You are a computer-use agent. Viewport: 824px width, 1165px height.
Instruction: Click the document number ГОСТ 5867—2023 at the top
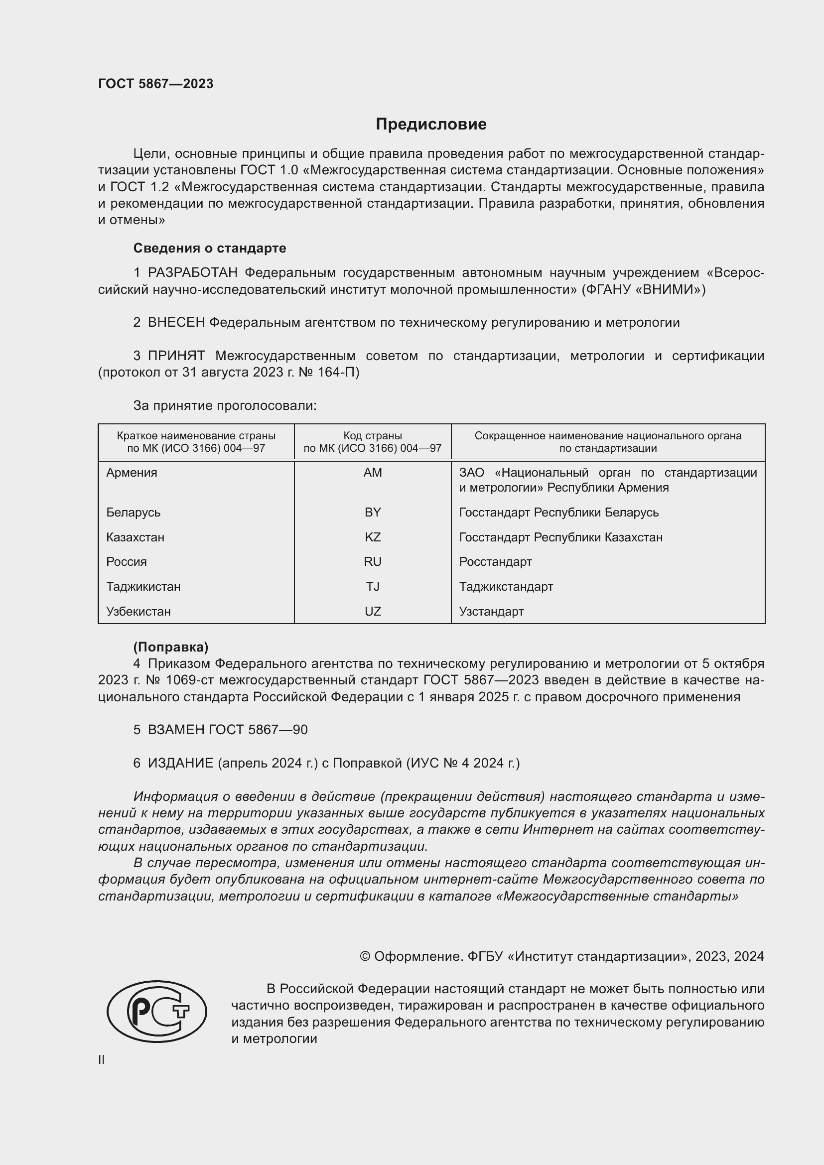[156, 84]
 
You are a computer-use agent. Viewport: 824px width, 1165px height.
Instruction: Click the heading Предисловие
[431, 125]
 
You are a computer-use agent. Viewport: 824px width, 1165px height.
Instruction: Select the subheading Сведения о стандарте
[210, 248]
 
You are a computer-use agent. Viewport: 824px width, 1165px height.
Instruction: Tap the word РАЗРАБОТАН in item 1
[192, 273]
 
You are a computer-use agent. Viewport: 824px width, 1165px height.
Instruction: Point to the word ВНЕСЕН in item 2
[176, 323]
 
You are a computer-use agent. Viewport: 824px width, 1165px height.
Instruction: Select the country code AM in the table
[373, 473]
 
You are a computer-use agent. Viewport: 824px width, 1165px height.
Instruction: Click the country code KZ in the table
[373, 537]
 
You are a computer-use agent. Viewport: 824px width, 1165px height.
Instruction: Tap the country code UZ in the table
[373, 612]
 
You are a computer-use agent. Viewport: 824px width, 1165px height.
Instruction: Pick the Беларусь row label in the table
[134, 513]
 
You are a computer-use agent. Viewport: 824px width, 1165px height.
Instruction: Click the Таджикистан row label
[143, 587]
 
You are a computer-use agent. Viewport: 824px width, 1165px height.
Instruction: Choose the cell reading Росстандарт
[495, 562]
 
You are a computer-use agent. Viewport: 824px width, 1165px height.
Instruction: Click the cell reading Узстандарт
[491, 612]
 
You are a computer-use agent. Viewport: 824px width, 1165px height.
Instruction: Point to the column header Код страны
[373, 436]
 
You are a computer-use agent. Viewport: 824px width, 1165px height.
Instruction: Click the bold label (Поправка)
[170, 647]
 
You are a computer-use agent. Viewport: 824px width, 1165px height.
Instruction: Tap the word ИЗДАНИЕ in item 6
[181, 764]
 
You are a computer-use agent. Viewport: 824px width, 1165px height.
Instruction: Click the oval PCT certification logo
[157, 1011]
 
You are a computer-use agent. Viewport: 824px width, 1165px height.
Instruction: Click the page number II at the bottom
[102, 1060]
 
